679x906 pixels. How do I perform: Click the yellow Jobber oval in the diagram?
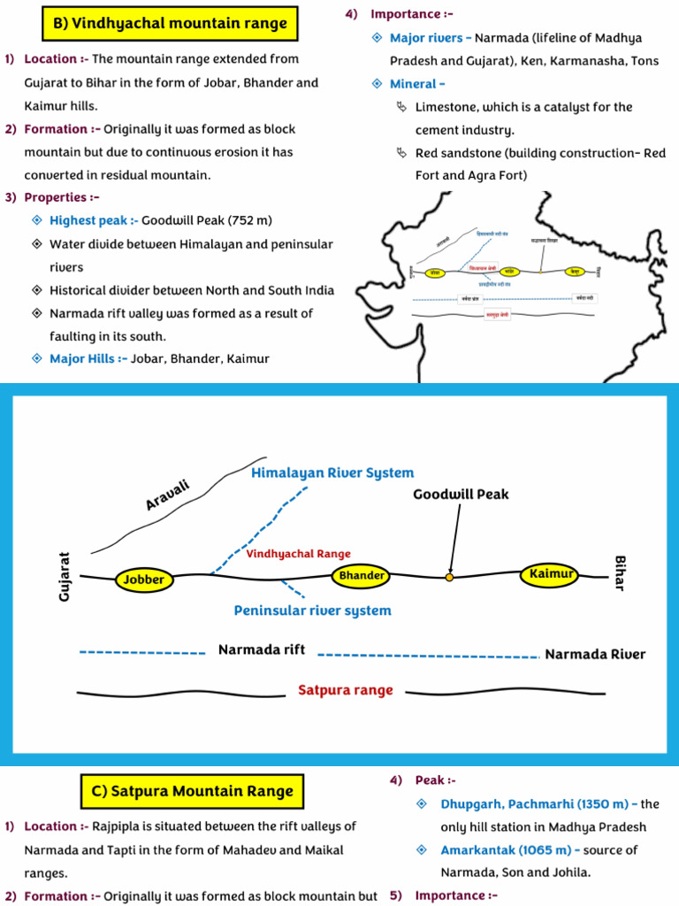tap(144, 580)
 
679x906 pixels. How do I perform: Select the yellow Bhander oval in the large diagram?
tap(362, 576)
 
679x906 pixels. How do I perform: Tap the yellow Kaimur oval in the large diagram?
tap(552, 574)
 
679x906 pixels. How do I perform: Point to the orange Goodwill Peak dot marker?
tap(449, 577)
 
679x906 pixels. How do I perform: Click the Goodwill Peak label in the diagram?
tap(461, 495)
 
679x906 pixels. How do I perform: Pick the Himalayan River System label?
tap(332, 473)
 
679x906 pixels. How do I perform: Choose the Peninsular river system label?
tap(312, 610)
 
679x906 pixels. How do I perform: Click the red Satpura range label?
tap(345, 690)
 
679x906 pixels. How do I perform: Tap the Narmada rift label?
tap(262, 650)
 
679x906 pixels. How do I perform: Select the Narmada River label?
tap(595, 655)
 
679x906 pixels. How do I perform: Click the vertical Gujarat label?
tap(64, 577)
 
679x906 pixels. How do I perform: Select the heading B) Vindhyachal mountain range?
tap(171, 24)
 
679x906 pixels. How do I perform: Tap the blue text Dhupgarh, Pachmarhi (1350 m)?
tap(538, 804)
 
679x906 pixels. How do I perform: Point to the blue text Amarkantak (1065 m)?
tap(510, 850)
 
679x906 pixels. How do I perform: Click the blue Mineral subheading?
tap(413, 84)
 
